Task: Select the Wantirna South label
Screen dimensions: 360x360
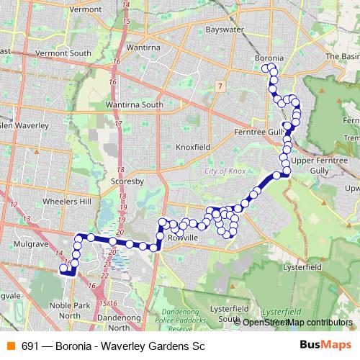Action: tap(135, 104)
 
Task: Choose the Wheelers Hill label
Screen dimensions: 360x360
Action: tap(66, 202)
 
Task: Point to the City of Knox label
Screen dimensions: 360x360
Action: tap(225, 171)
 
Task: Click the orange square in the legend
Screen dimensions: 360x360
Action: tap(9, 346)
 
